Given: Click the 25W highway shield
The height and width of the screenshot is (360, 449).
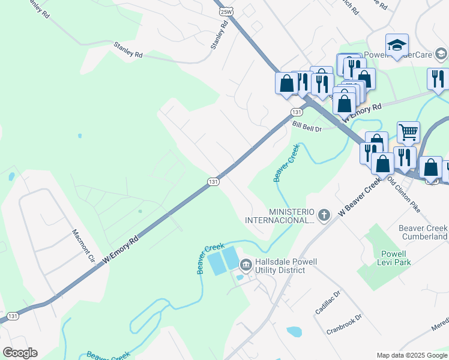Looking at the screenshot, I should pos(226,11).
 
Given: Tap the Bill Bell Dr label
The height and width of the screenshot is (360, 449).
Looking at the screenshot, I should pos(307,127).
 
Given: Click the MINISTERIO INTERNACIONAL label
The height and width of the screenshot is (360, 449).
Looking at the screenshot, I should pos(292,216).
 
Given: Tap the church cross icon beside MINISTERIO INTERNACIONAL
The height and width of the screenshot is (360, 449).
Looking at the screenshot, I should pos(324,215).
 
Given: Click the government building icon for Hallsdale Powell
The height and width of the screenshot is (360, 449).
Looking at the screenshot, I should pos(246,265).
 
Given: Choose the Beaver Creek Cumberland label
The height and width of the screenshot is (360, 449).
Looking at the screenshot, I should pos(423,232).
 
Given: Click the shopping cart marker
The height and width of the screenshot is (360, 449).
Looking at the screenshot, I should pos(408,132).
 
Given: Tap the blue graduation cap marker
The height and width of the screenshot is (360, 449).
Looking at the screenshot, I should pos(397,45).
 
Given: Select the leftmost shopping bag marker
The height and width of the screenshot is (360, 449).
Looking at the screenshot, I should pos(286,83).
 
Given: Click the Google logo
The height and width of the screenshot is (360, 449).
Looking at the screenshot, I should pos(20,353).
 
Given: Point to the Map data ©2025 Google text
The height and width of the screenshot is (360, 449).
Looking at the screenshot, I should pos(412,355).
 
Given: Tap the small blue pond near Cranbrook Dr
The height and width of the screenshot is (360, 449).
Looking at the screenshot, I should pos(294,331).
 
